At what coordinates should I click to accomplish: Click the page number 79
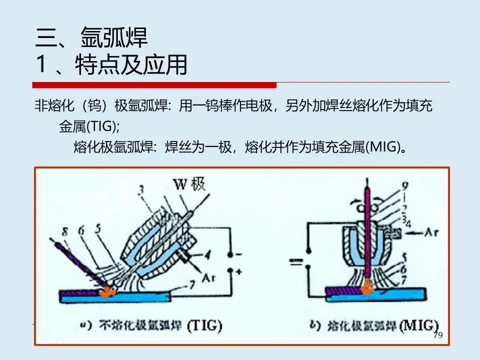point(438,335)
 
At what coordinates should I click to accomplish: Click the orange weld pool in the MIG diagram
point(369,286)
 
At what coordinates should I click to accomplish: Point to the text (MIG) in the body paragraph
point(382,147)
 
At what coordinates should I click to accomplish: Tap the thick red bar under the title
point(154,84)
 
